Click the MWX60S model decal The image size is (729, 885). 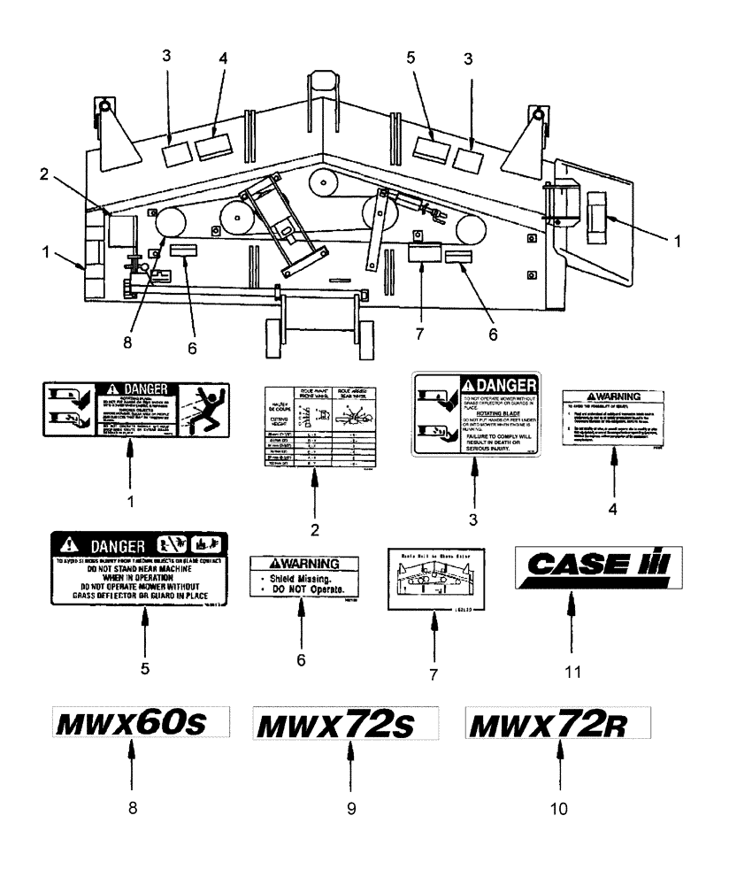click(131, 723)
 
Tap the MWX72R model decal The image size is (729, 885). click(557, 725)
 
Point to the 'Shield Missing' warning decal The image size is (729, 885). click(305, 576)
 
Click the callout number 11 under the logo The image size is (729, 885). click(572, 671)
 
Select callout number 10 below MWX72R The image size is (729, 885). click(559, 808)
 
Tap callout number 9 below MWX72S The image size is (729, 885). click(351, 808)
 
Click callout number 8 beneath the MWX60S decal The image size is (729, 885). click(131, 808)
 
